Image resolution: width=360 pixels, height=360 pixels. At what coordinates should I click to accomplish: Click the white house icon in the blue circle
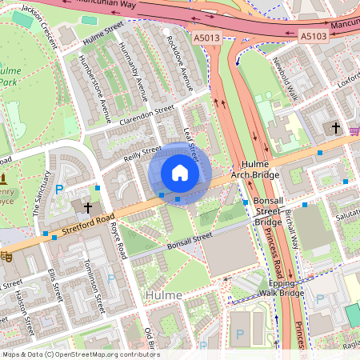pos(180,173)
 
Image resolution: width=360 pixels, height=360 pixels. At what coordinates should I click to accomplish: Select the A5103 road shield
pos(314,36)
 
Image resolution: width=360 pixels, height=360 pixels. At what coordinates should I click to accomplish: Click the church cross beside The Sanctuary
pos(86,206)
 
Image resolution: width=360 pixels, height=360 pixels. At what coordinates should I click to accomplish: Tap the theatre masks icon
pos(6,257)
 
